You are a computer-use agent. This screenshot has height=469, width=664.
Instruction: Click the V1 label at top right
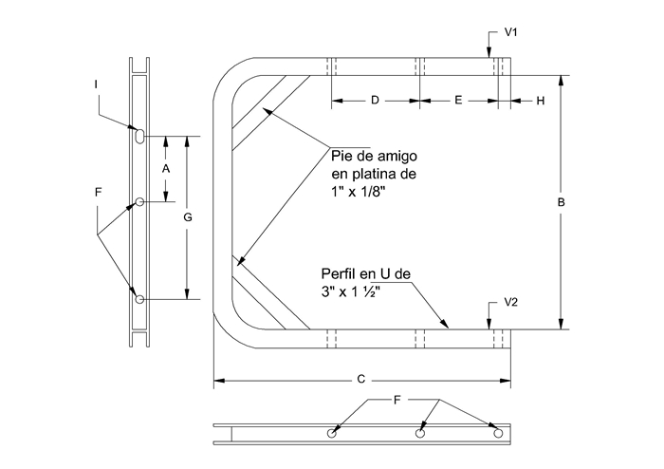point(510,32)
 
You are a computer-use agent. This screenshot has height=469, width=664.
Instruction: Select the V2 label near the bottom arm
point(510,302)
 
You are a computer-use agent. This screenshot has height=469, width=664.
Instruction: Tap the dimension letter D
point(375,101)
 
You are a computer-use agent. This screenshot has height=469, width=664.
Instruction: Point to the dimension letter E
point(458,101)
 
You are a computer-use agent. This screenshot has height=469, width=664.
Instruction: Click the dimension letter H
point(541,101)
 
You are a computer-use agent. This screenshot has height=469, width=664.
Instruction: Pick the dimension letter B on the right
point(562,202)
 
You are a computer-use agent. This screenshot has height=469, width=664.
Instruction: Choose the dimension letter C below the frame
point(360,379)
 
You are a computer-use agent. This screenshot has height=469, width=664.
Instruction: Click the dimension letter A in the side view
point(166,169)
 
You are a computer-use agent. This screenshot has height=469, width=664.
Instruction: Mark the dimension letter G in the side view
point(188,217)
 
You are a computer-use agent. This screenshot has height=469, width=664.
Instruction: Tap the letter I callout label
point(96,84)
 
